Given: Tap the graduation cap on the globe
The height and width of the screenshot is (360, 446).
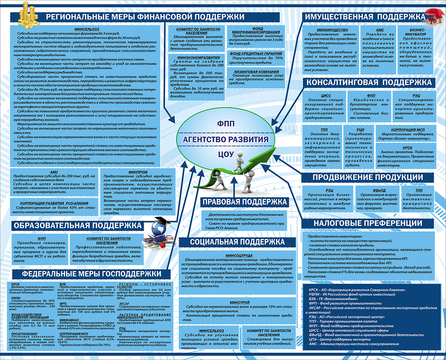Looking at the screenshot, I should pyautogui.click(x=160, y=220).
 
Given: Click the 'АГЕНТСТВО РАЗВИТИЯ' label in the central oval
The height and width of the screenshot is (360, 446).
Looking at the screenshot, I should pyautogui.click(x=226, y=140).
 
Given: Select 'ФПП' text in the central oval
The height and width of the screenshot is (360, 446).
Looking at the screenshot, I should pyautogui.click(x=226, y=123).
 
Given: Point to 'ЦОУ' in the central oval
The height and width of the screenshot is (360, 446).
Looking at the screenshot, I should pyautogui.click(x=226, y=154).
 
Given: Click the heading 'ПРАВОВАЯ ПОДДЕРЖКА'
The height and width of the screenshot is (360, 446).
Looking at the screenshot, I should pyautogui.click(x=245, y=202).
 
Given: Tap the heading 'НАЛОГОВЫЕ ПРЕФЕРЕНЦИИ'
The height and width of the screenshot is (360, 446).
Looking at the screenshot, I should pyautogui.click(x=368, y=223).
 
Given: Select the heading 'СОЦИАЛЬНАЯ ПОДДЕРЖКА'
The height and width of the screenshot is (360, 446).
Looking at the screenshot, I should pyautogui.click(x=237, y=242).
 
